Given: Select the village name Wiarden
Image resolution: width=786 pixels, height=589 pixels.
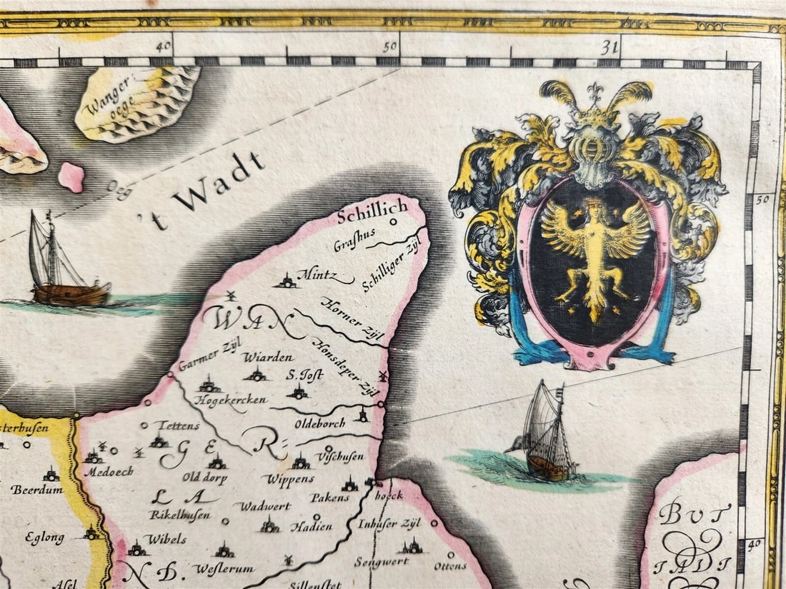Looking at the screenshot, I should [x=258, y=357].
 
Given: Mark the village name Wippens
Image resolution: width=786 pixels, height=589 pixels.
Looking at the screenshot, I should [x=289, y=478].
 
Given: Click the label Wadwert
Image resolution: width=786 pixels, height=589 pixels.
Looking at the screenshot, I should [x=256, y=506].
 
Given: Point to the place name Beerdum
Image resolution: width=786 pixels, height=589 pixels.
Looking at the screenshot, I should [x=33, y=490].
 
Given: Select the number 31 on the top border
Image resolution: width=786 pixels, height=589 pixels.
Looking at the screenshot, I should [x=609, y=47].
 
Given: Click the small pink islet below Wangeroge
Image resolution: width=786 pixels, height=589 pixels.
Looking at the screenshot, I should [x=71, y=176].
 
